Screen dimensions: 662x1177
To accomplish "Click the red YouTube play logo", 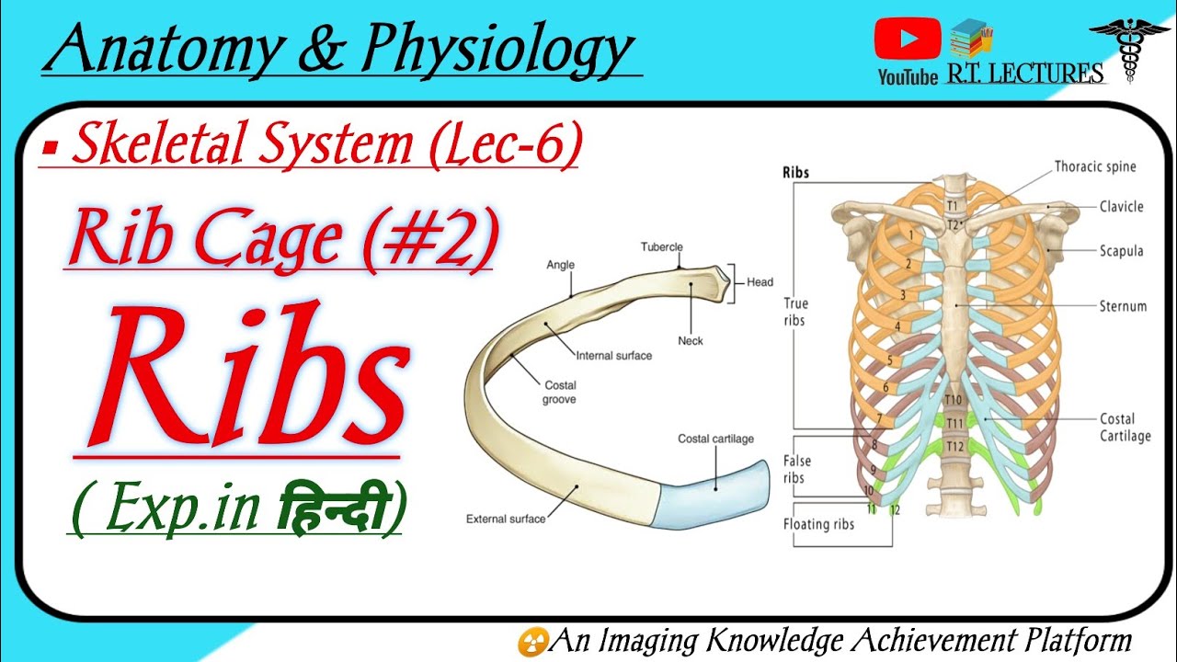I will tap(908, 40).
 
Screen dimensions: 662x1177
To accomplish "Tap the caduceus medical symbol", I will tap(1129, 46).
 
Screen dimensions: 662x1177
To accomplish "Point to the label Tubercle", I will tap(662, 246).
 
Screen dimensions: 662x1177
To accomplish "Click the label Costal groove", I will tap(560, 393).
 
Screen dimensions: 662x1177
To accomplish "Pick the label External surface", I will tap(505, 519).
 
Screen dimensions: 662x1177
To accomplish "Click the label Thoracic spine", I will tap(1095, 166).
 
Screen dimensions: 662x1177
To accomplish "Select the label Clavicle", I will tap(1121, 206).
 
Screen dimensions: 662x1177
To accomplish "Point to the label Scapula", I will tap(1122, 250).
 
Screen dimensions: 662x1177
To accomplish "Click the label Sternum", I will tap(1123, 305).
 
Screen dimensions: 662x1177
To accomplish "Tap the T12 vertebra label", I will tap(956, 446).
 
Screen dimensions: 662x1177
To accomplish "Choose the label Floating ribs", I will tap(818, 524).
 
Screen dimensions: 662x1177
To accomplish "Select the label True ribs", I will tap(795, 312).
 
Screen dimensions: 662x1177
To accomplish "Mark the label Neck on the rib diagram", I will tap(690, 340).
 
